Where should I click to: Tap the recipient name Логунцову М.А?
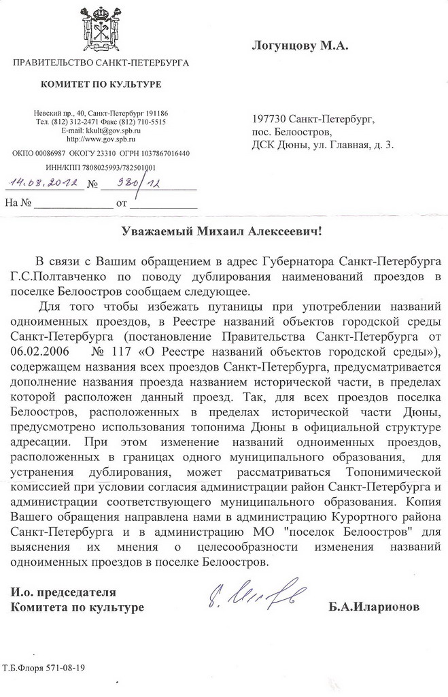(x=300, y=46)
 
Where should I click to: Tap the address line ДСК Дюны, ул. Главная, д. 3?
(x=322, y=144)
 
